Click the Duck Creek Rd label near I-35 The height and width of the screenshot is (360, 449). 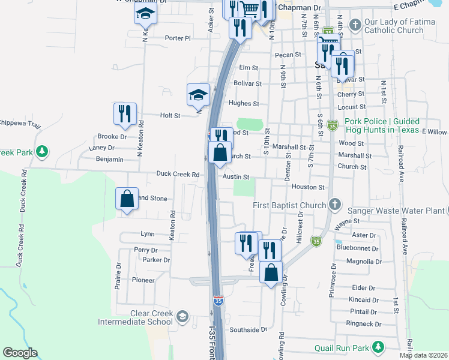pos(178,175)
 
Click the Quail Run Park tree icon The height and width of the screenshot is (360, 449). pos(378,347)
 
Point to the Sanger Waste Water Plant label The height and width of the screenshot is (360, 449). pos(396,211)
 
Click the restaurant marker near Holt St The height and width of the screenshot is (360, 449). pos(125,114)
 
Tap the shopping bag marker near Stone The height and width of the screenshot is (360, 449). pos(127,199)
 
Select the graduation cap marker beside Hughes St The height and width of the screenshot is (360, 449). pos(198,95)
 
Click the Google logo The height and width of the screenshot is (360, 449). pos(20,353)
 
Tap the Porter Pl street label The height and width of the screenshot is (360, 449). pos(178,38)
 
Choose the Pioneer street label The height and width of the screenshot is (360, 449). pos(143,280)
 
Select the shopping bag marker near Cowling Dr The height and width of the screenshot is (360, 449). pos(272,272)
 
